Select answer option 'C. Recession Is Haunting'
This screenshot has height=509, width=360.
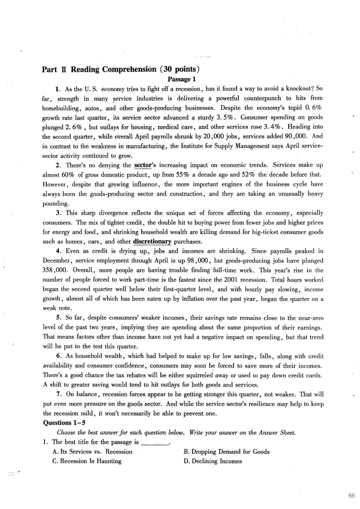click(x=87, y=461)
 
